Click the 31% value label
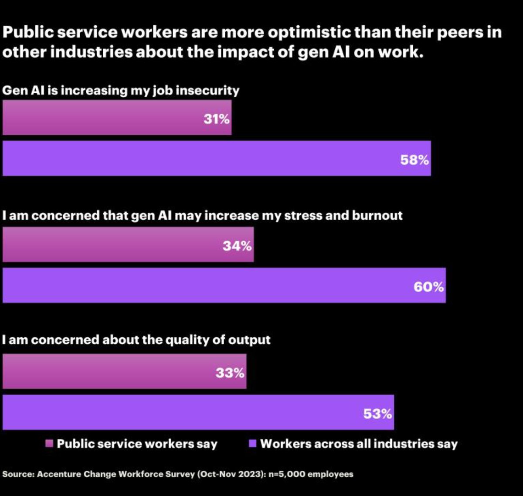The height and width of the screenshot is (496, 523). tap(216, 119)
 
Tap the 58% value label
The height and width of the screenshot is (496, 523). tap(414, 160)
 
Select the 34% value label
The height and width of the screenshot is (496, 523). tap(237, 246)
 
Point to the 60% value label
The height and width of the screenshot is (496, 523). tap(429, 287)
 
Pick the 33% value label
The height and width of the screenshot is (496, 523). tap(230, 373)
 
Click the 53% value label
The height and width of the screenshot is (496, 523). tap(377, 414)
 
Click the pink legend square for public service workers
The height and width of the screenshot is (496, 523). tap(49, 444)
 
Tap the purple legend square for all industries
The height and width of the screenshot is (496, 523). tap(252, 444)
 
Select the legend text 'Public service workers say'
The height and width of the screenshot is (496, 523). tap(137, 444)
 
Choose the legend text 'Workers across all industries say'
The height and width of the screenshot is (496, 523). tap(359, 444)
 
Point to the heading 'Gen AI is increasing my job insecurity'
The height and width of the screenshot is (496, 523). tap(121, 91)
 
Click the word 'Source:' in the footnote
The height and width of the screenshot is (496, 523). tap(18, 474)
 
